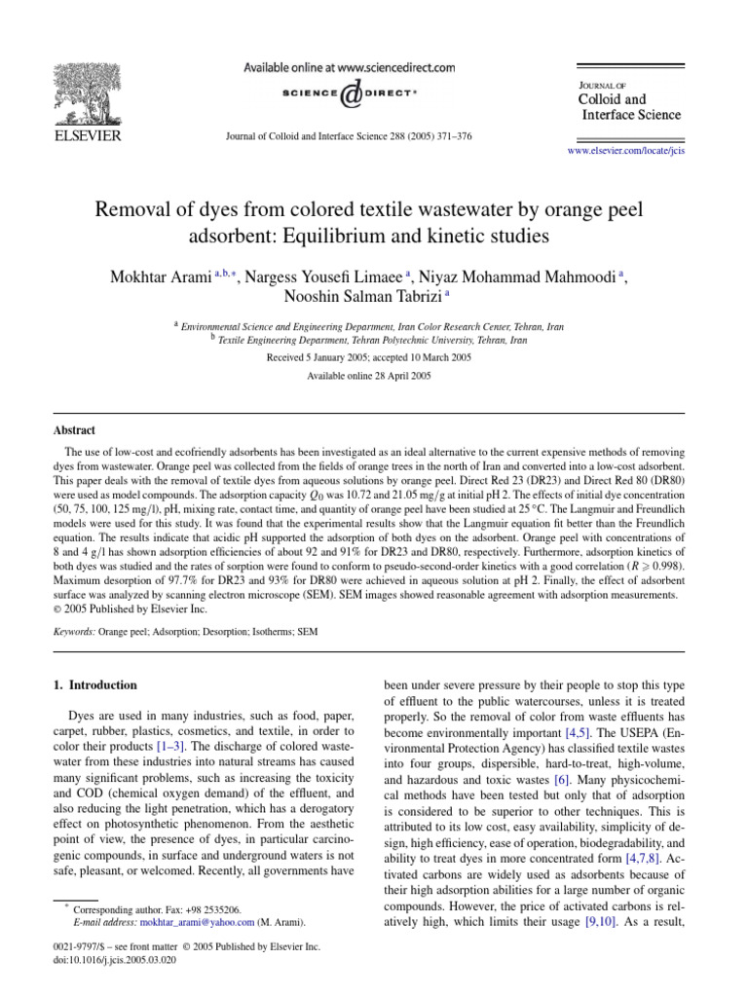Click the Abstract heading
(x=73, y=429)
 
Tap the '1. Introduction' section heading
(x=93, y=684)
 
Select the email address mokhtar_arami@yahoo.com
(x=207, y=921)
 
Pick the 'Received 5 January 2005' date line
(x=373, y=357)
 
